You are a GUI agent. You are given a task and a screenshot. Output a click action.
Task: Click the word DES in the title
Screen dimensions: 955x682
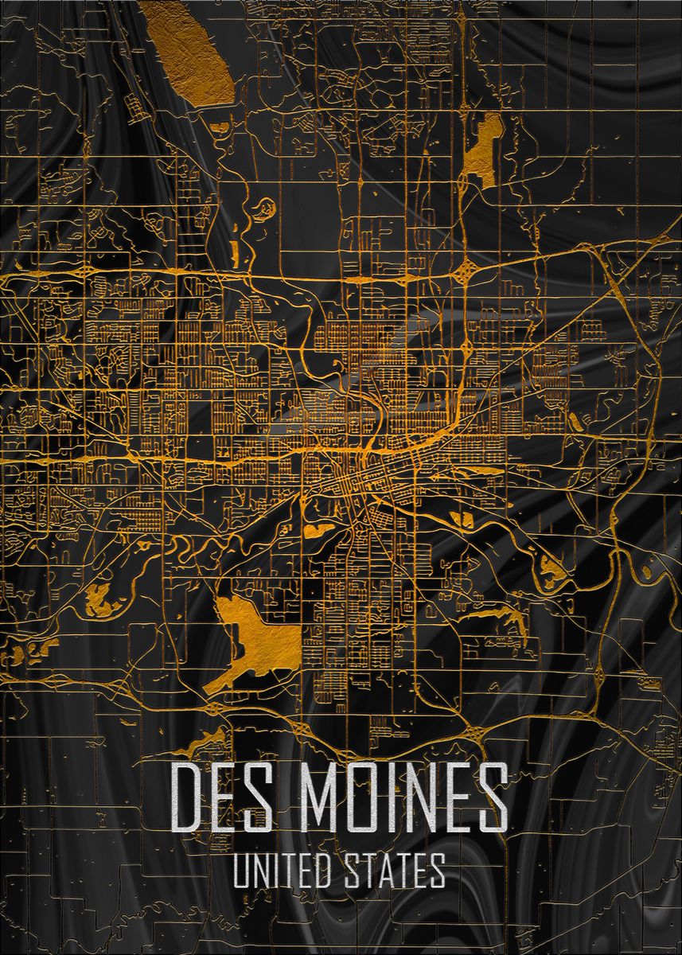[x=223, y=798]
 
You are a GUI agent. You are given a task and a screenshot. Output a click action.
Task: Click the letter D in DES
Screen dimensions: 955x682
[x=188, y=798]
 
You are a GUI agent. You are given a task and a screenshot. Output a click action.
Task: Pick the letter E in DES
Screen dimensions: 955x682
[x=225, y=798]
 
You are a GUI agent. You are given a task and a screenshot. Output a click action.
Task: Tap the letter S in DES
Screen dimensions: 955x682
[x=259, y=798]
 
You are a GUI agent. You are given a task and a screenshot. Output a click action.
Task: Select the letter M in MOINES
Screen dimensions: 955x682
[x=315, y=798]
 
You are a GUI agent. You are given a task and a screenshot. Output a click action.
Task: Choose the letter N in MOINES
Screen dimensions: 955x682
[x=422, y=798]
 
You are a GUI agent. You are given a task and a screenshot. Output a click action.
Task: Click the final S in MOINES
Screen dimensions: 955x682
[x=493, y=798]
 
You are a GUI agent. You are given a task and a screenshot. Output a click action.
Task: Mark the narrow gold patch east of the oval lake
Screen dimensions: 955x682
[x=485, y=147]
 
